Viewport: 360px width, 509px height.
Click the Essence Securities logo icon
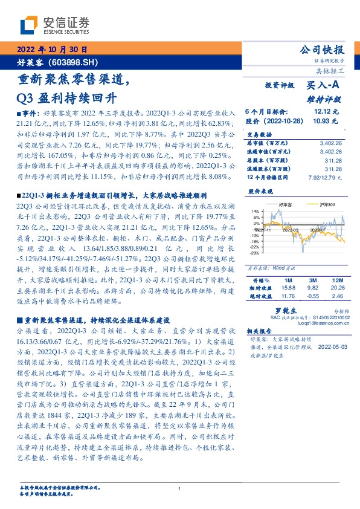click(30, 26)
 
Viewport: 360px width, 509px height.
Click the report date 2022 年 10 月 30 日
click(52, 50)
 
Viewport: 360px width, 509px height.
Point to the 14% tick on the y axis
click(256, 211)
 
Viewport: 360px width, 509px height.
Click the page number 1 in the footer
click(180, 488)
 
